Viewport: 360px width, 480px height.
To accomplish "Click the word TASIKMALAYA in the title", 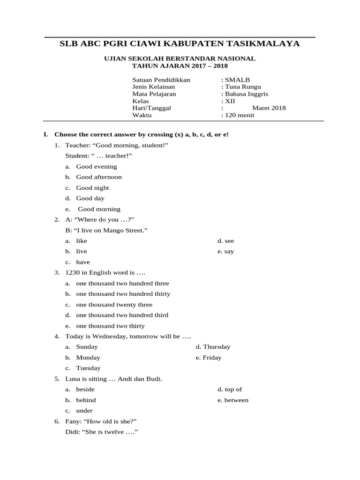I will [x=262, y=44].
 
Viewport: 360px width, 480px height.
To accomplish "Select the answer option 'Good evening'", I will [x=97, y=166].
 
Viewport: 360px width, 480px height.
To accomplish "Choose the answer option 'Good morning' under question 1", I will [x=99, y=209].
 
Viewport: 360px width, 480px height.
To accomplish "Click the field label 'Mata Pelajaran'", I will [x=154, y=94].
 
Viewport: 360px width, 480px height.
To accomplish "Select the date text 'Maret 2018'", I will [x=269, y=108].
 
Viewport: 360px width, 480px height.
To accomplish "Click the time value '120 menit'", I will [x=240, y=115].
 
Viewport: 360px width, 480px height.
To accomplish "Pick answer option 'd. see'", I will [x=225, y=241].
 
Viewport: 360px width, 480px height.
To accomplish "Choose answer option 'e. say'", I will [x=225, y=251].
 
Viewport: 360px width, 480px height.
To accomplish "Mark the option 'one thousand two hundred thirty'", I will [x=123, y=294].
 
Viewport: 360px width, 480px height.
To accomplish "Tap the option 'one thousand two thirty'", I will [x=110, y=326].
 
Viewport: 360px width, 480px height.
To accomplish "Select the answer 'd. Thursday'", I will [x=213, y=347].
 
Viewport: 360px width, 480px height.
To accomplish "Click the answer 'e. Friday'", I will [x=209, y=358].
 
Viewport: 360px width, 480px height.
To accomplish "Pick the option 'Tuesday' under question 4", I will [x=88, y=368].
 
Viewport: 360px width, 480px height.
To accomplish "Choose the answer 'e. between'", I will [x=232, y=400].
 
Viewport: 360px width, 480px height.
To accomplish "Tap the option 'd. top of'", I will [x=229, y=390].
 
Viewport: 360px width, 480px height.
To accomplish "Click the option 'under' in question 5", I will [x=84, y=411].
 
